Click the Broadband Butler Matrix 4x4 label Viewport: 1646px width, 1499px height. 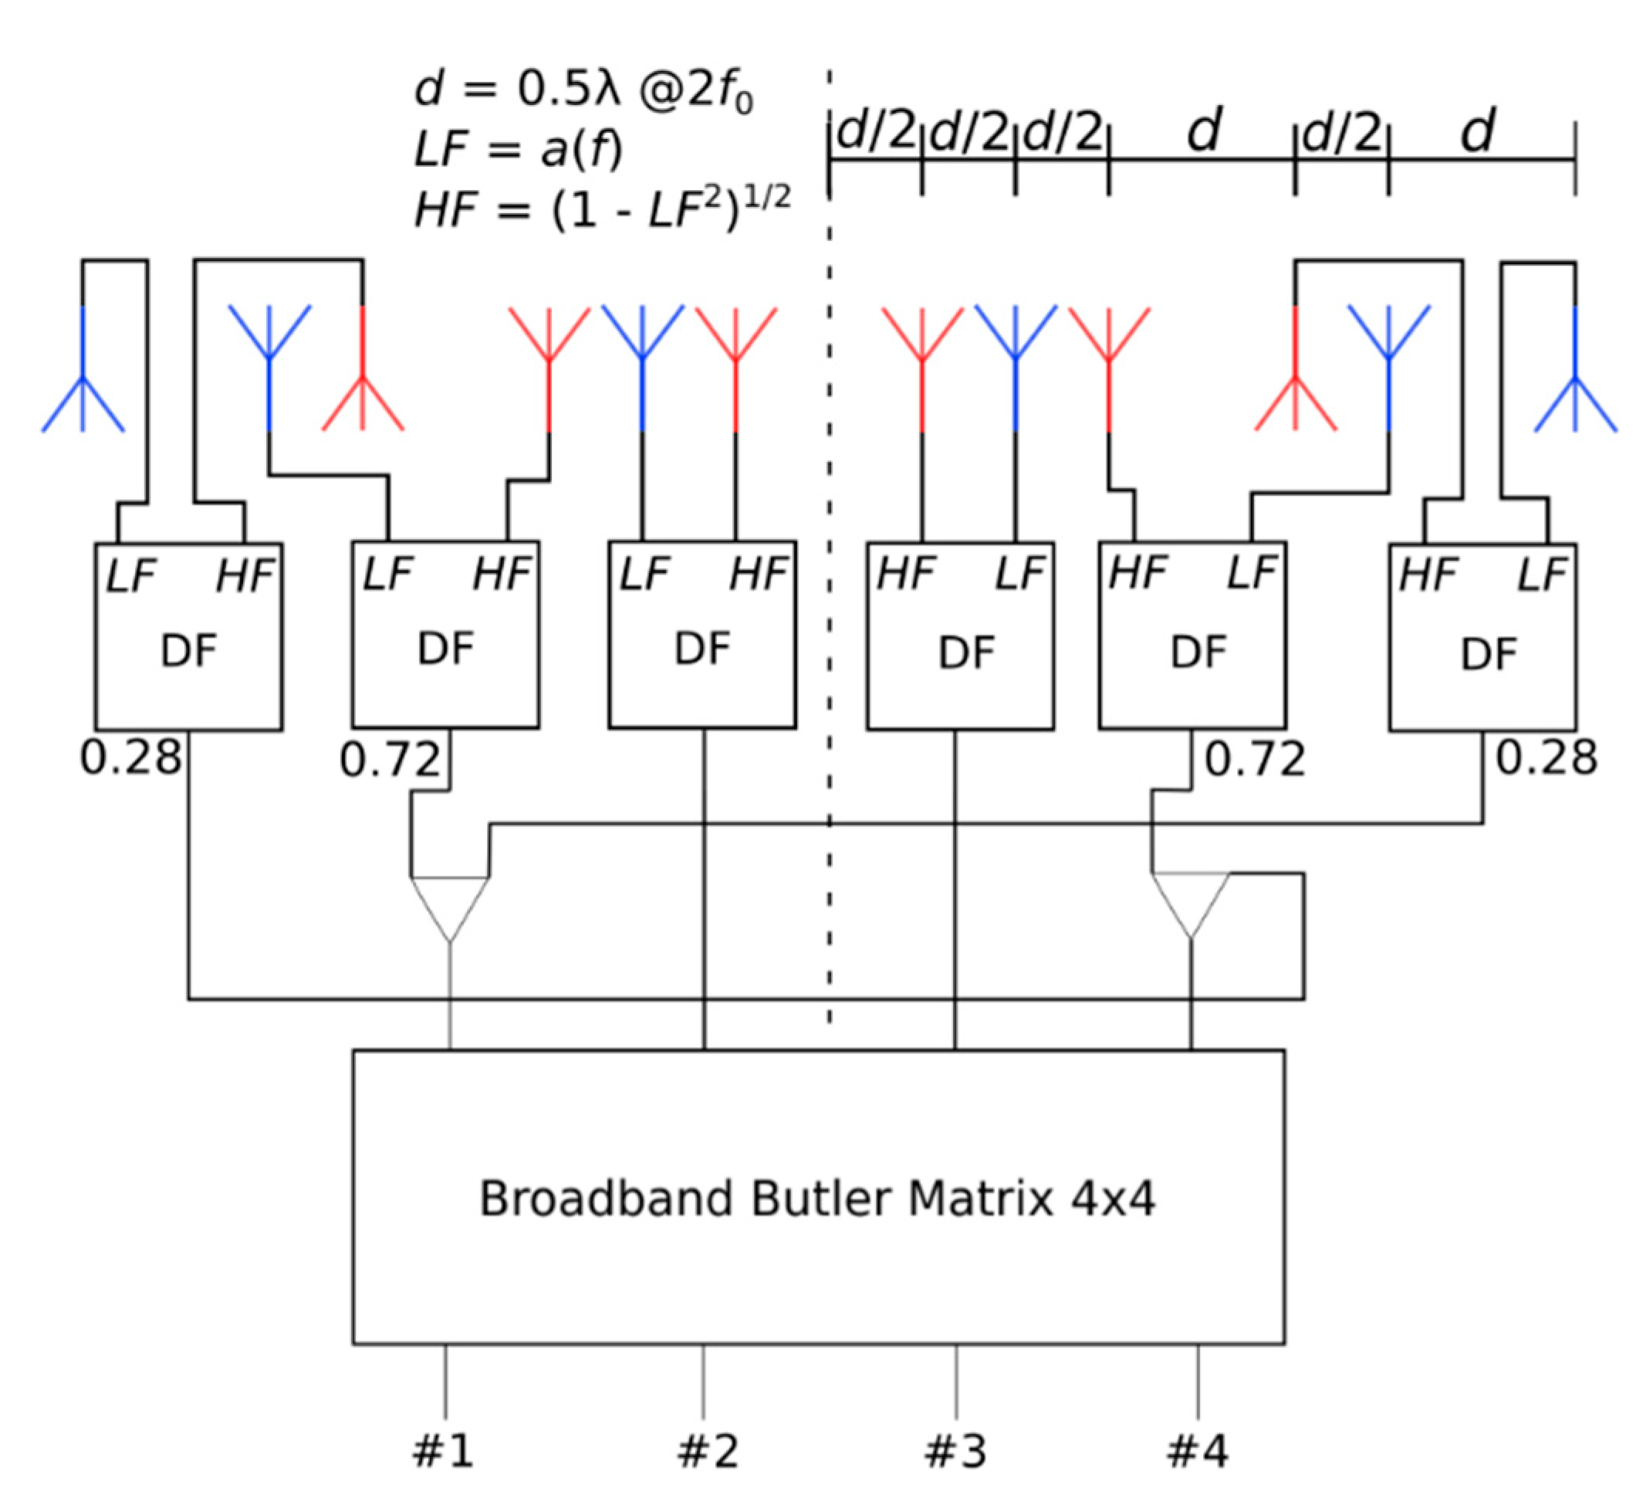click(816, 1199)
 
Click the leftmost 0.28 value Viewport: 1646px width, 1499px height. click(130, 758)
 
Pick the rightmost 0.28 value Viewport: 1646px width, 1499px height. click(1546, 758)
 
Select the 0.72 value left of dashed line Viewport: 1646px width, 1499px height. click(390, 760)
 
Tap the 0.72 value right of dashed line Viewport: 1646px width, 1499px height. click(1255, 760)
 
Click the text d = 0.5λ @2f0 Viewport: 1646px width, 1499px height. click(583, 90)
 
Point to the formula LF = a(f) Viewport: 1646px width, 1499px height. click(518, 151)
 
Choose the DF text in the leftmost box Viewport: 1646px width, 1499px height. click(188, 652)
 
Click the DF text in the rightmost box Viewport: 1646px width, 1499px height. click(1488, 653)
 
